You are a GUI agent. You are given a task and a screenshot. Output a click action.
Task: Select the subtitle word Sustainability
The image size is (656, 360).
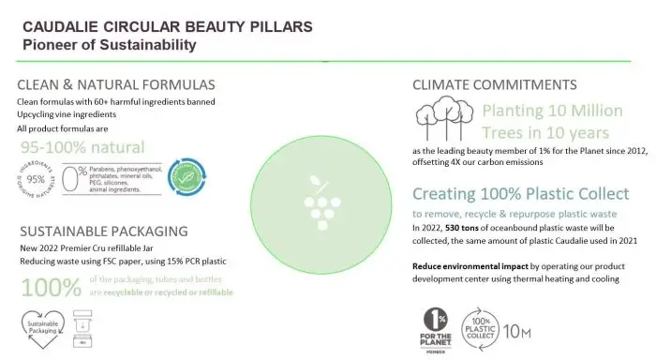tap(151, 44)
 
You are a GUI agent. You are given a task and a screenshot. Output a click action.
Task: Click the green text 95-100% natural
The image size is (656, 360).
tap(82, 147)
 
